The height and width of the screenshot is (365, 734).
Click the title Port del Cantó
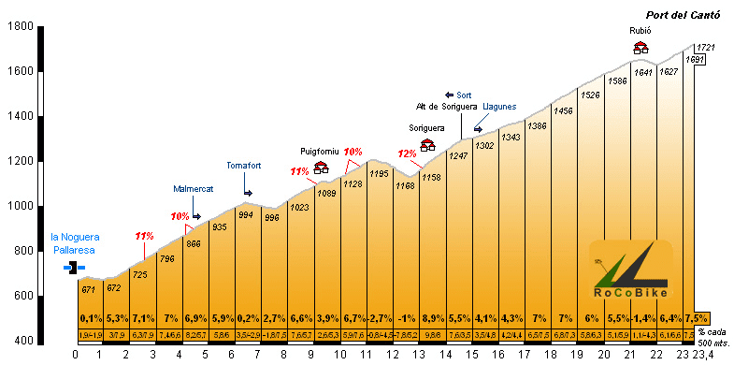[x=683, y=14]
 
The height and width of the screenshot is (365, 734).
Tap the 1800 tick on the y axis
[x=21, y=26]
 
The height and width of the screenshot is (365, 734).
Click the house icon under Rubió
[x=640, y=47]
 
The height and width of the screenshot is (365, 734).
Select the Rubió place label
[x=640, y=31]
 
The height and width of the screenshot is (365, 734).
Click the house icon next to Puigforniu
[x=321, y=168]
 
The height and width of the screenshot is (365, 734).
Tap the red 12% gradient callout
[x=407, y=153]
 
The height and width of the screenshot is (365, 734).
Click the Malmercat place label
[x=194, y=189]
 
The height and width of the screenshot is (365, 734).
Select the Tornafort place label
[x=243, y=166]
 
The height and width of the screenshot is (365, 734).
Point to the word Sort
[x=464, y=95]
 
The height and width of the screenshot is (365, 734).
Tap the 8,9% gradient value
[x=434, y=318]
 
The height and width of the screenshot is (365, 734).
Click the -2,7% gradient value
[x=379, y=318]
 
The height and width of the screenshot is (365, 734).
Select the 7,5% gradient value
[x=697, y=318]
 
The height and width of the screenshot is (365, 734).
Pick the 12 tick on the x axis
[x=392, y=356]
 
